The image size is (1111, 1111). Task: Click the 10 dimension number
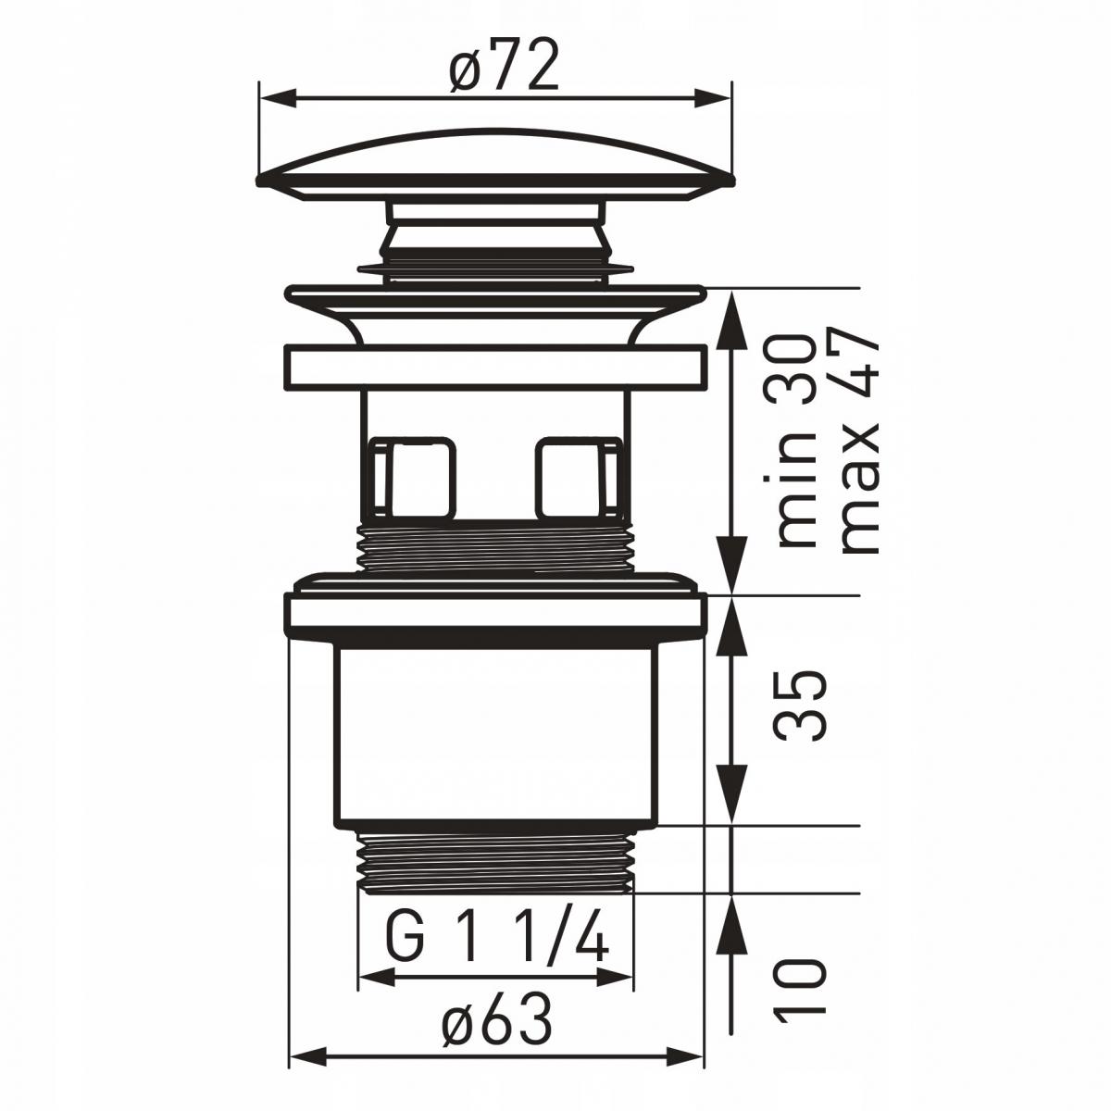point(801,991)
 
